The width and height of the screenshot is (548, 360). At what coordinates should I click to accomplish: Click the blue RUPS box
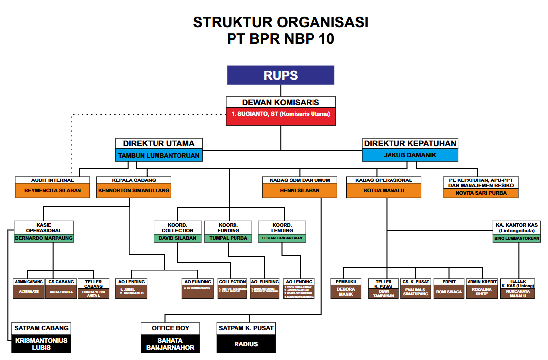point(281,75)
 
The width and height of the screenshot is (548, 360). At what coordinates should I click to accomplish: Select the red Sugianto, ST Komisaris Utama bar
point(281,114)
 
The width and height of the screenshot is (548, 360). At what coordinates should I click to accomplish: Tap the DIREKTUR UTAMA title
point(159,143)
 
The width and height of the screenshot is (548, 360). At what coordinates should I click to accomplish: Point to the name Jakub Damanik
point(410,155)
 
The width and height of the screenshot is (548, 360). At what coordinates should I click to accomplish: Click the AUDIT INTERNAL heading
point(52,180)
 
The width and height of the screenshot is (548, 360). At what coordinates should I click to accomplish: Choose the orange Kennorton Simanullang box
point(134,190)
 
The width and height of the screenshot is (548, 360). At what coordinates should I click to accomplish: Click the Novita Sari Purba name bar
point(481,193)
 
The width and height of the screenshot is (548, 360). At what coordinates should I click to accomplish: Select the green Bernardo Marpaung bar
point(44,238)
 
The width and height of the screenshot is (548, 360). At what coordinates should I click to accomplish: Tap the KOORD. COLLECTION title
point(177,227)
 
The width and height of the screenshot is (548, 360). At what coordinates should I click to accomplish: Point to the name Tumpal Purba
point(229,238)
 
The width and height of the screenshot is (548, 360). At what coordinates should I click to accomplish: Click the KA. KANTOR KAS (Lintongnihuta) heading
point(516,227)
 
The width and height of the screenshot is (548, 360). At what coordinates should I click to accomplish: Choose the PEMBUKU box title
point(346,282)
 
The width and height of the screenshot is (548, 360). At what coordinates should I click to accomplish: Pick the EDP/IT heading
point(449,282)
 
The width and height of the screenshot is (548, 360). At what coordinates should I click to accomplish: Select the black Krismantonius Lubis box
point(41,344)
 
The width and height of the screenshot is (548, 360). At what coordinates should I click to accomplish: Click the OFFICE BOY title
point(170,328)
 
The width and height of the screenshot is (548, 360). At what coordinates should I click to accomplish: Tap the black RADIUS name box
point(246,344)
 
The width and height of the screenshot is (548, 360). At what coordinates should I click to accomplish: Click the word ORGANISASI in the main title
point(320,23)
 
